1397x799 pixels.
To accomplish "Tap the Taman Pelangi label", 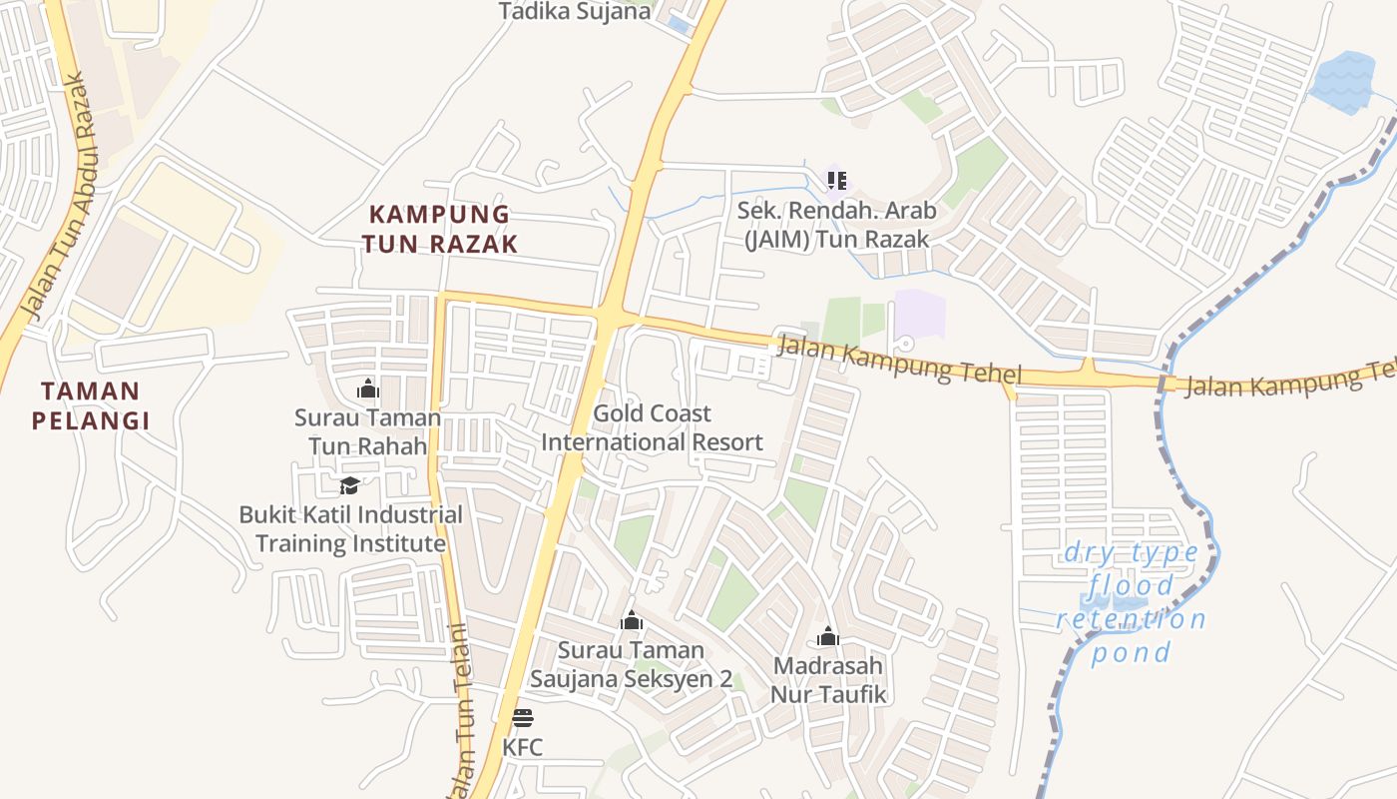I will pyautogui.click(x=91, y=405).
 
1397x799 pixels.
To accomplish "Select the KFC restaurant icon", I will pyautogui.click(x=522, y=717).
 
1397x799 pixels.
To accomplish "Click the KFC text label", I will pyautogui.click(x=522, y=747).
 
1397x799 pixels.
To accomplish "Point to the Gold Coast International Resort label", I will pyautogui.click(x=652, y=427).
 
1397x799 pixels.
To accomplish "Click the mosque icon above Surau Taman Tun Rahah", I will pyautogui.click(x=367, y=389).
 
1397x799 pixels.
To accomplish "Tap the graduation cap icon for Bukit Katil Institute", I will pyautogui.click(x=349, y=485).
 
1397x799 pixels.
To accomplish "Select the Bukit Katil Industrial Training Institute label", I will pyautogui.click(x=350, y=529).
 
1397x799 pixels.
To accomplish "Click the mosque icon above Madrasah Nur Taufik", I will pyautogui.click(x=828, y=636).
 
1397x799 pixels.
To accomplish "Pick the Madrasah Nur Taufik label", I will pyautogui.click(x=828, y=680).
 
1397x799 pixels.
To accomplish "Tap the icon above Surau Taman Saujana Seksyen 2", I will pyautogui.click(x=631, y=621).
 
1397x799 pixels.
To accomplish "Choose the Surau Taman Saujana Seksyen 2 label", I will pyautogui.click(x=631, y=664).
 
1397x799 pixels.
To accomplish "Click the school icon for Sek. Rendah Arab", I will pyautogui.click(x=837, y=181).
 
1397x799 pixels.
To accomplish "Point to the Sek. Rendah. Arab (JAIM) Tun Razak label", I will pyautogui.click(x=836, y=225).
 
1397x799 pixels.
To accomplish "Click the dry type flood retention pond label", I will pyautogui.click(x=1132, y=602).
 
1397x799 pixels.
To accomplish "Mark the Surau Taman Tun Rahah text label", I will pyautogui.click(x=367, y=431).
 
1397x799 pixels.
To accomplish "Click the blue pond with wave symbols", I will pyautogui.click(x=1343, y=82).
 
